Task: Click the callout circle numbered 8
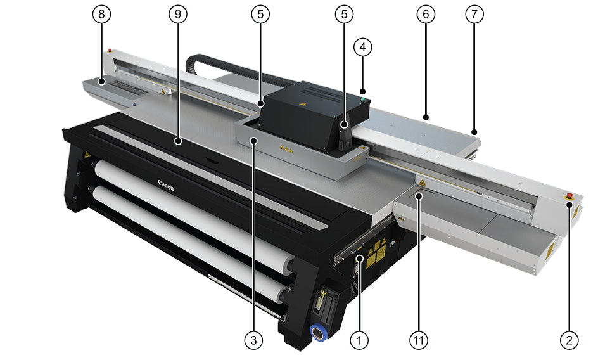[101, 14]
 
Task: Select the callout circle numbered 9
[178, 14]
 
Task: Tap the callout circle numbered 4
[363, 48]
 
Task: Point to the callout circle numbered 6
[426, 14]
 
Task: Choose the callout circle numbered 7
[474, 14]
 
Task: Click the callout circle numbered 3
[254, 340]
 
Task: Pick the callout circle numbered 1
[359, 340]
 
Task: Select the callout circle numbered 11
[419, 340]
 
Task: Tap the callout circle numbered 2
[569, 340]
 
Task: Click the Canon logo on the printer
[166, 185]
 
